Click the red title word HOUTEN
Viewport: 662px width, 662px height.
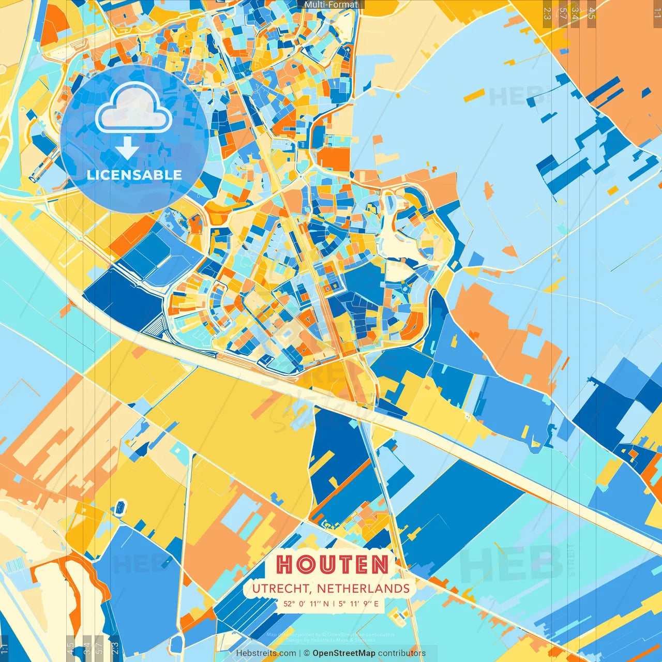(x=332, y=564)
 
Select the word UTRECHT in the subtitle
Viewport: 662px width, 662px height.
(x=281, y=589)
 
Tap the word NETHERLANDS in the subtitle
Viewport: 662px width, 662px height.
(x=363, y=589)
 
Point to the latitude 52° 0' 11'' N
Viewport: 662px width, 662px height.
(x=305, y=604)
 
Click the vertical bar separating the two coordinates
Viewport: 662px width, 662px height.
(x=334, y=604)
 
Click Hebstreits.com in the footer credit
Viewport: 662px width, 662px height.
(x=266, y=653)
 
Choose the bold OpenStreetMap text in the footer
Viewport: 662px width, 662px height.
(x=344, y=653)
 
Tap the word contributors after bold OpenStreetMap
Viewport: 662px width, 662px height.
(x=402, y=653)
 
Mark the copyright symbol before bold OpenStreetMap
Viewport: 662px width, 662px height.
(x=307, y=653)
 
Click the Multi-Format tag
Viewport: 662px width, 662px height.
(x=331, y=5)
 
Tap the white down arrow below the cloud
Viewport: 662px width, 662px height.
(x=127, y=148)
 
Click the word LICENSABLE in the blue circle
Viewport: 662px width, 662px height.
(x=134, y=175)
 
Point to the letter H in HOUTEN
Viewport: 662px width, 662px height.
(x=285, y=564)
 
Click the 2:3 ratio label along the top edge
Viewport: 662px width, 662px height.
(x=547, y=13)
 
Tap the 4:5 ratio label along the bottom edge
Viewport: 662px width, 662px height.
(x=70, y=648)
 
